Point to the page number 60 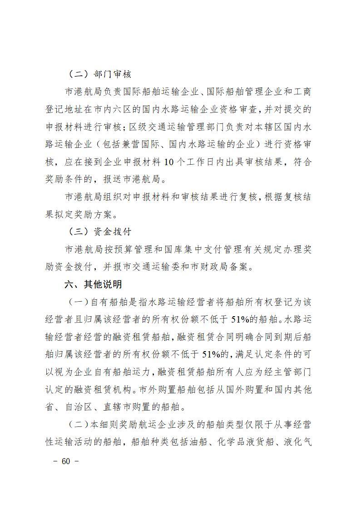pos(66,461)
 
